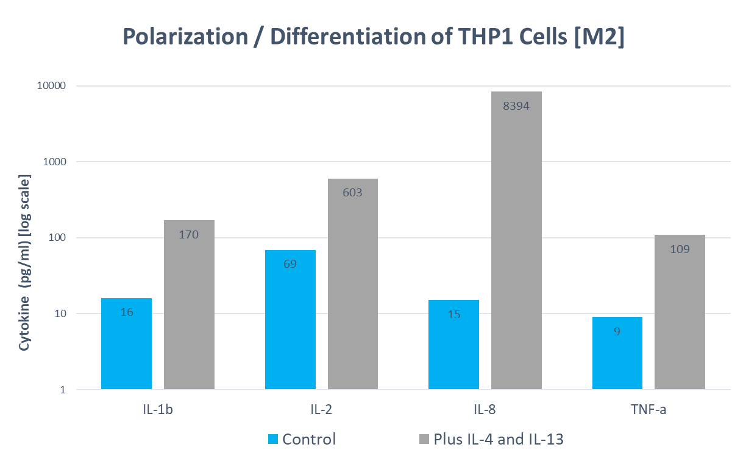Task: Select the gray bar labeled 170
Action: click(189, 304)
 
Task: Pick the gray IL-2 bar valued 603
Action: click(352, 284)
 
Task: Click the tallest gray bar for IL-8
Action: click(516, 240)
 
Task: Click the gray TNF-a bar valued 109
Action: click(680, 312)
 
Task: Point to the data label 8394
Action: click(516, 106)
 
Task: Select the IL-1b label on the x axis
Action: click(157, 409)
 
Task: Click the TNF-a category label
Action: click(648, 409)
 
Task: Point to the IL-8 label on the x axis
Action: click(485, 409)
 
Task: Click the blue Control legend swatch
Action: click(273, 439)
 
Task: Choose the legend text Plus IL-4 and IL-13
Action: click(498, 439)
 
